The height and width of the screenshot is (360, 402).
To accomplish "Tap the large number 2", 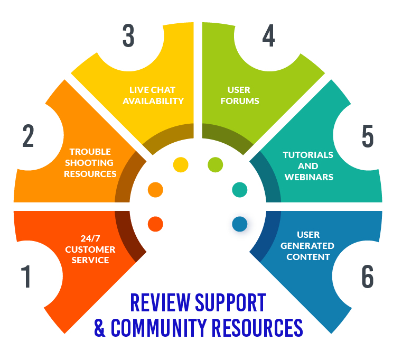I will click(29, 136).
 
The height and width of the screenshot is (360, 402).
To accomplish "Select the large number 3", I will click(128, 36).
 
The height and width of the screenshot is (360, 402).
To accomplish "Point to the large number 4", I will click(269, 36).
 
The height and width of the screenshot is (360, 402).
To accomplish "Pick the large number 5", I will click(368, 136).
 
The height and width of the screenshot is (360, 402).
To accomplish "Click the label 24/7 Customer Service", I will click(90, 249).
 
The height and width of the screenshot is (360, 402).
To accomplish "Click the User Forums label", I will click(243, 95).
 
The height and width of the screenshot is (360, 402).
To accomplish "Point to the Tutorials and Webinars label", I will click(308, 166).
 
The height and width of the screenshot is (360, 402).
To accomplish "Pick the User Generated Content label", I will click(307, 246).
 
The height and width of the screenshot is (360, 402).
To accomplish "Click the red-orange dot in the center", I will click(155, 224).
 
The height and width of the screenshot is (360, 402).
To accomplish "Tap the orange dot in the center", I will click(155, 189).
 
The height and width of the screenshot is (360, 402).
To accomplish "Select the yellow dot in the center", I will click(181, 164).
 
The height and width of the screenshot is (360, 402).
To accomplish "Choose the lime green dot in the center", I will click(215, 164).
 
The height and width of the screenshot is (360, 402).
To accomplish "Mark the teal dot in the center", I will click(240, 189).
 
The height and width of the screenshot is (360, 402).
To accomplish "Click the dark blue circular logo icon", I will click(240, 224).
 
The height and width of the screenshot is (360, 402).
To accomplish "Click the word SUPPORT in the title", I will click(230, 303).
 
